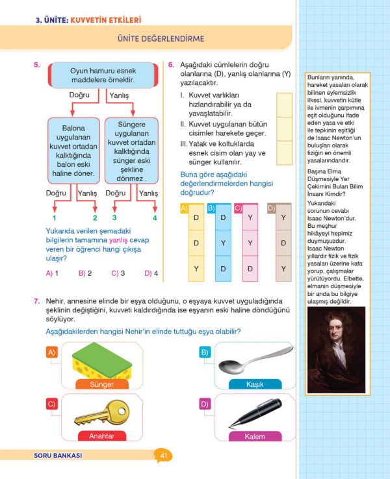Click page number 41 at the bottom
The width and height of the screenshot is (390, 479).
[x=164, y=456]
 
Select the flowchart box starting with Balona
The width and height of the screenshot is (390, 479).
[x=73, y=149]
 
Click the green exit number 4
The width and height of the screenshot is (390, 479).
[x=155, y=217]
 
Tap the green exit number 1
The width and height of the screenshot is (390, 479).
[x=55, y=217]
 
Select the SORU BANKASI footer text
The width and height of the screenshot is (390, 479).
[x=58, y=456]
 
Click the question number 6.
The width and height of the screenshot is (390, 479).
[x=170, y=65]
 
